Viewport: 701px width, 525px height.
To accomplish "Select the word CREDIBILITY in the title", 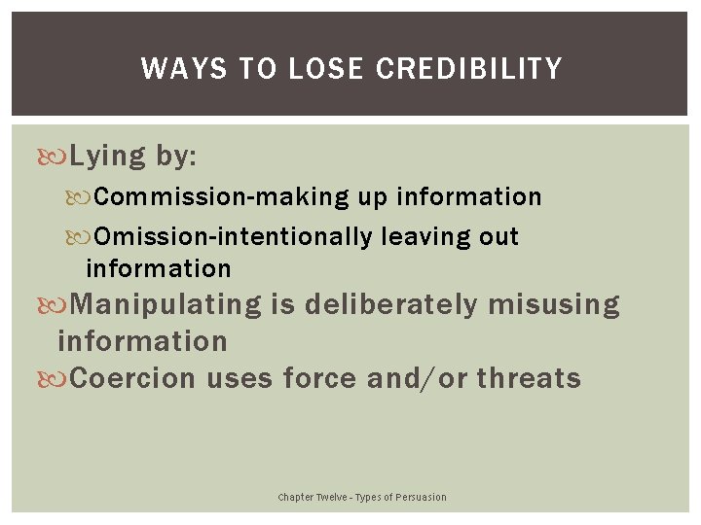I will click(468, 69).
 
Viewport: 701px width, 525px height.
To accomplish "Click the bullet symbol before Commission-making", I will click(86, 197).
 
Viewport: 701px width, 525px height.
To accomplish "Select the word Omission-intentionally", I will click(234, 236).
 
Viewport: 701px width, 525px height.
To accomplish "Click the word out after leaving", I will click(499, 236).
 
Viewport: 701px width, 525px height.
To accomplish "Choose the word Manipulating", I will click(166, 304).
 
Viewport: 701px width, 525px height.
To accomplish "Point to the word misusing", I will click(553, 304).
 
